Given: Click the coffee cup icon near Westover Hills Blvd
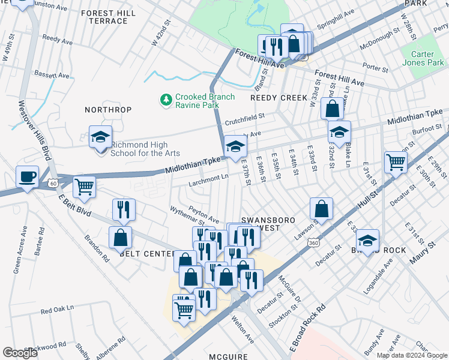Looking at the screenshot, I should coord(27,176).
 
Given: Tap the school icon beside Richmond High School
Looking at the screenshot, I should coord(100,137).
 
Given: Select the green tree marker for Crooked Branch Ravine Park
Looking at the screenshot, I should coord(166,99).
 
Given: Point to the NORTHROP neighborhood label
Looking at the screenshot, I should coord(107,110).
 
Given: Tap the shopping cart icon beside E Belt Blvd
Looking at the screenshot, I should coord(85,186).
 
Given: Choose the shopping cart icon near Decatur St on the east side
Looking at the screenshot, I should coord(396,161).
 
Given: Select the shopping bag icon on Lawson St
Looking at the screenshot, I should coord(322,209).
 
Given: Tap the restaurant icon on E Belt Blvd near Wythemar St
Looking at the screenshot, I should coord(123,209).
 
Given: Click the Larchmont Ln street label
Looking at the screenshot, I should coord(209,177).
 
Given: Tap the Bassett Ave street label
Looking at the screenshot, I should coord(52,76).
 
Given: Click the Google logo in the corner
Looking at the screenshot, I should coord(20,353).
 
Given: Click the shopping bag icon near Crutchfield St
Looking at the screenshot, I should coord(332,109).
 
